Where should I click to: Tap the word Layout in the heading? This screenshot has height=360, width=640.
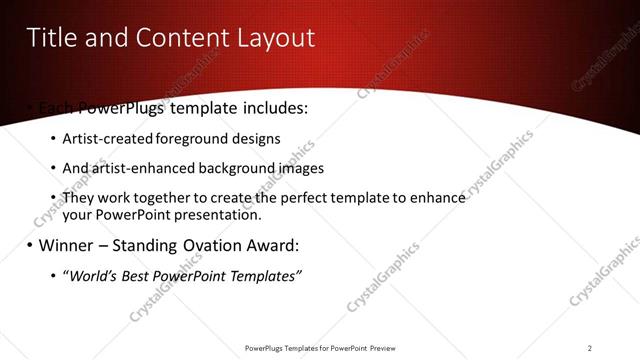tap(267, 38)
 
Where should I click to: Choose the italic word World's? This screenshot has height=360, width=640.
tap(93, 275)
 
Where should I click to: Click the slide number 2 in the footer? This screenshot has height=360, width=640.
tap(590, 348)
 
